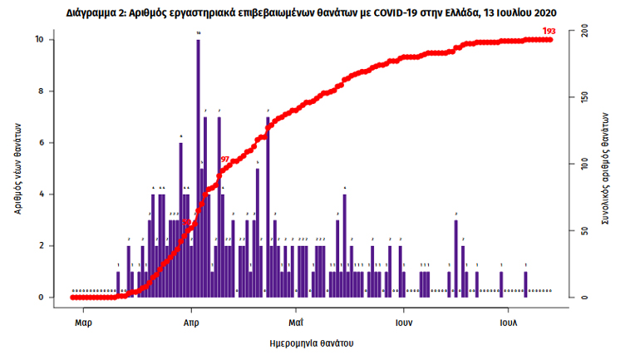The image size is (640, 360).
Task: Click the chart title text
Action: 319,13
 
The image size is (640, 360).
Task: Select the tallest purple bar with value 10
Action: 198,166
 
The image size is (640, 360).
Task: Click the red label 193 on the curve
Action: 548,31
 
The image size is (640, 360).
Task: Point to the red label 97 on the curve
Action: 224,159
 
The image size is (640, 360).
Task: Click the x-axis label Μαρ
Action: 82,321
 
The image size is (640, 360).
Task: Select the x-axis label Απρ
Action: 190,321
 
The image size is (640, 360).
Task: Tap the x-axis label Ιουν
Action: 404,321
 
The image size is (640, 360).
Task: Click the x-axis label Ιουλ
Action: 509,321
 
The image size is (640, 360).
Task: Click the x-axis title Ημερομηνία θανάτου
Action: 313,343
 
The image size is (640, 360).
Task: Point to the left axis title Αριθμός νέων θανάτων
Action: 17,165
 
